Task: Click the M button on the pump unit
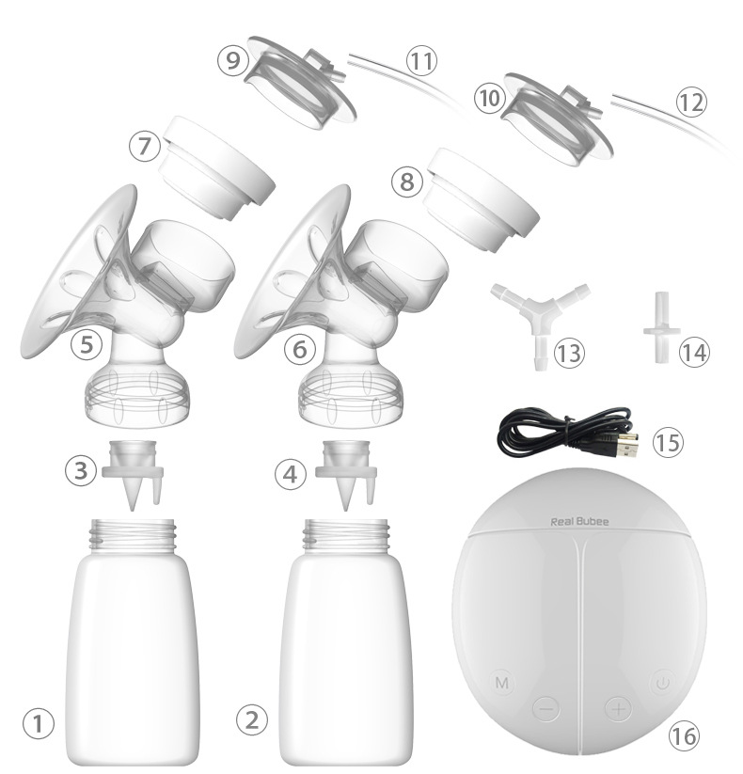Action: (x=501, y=683)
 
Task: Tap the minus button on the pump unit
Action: (x=546, y=709)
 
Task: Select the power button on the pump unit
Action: (x=662, y=683)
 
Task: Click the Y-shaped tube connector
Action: (x=541, y=316)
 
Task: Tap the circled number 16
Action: (x=684, y=735)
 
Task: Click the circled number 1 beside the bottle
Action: (x=38, y=724)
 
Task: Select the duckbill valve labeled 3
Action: (x=133, y=474)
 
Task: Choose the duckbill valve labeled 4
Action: (x=346, y=474)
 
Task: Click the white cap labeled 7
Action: (x=216, y=167)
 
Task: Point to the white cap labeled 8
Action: (x=482, y=199)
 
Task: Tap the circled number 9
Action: (x=232, y=60)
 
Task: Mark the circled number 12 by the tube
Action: (x=691, y=102)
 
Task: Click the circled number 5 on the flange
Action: (x=87, y=343)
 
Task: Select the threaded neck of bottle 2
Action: (x=346, y=535)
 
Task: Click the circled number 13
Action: (x=569, y=353)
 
